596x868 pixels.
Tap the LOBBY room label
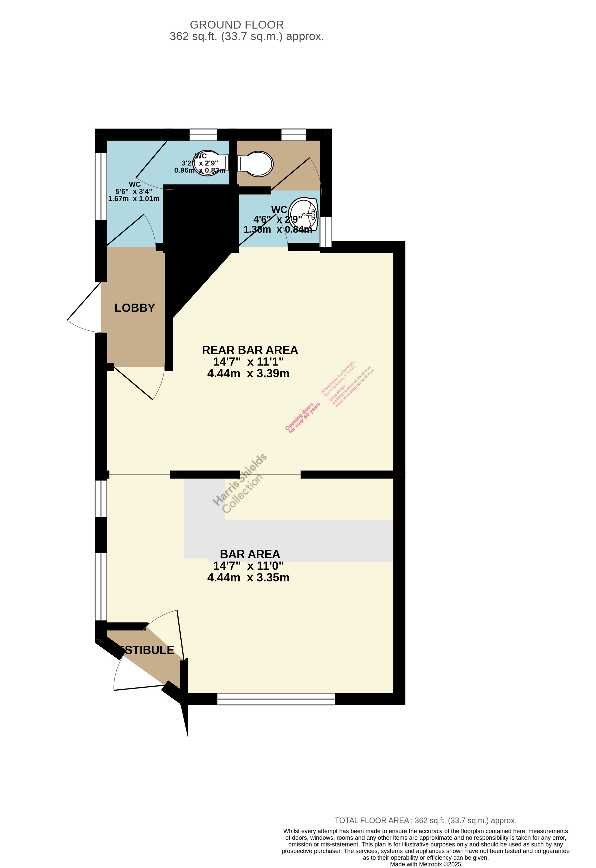(134, 308)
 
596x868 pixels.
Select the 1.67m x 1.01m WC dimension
(134, 199)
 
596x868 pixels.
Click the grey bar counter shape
(299, 541)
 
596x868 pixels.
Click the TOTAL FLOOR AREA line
(425, 821)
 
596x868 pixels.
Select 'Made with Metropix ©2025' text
(425, 864)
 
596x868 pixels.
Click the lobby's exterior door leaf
(84, 301)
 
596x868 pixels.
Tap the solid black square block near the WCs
(202, 215)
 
